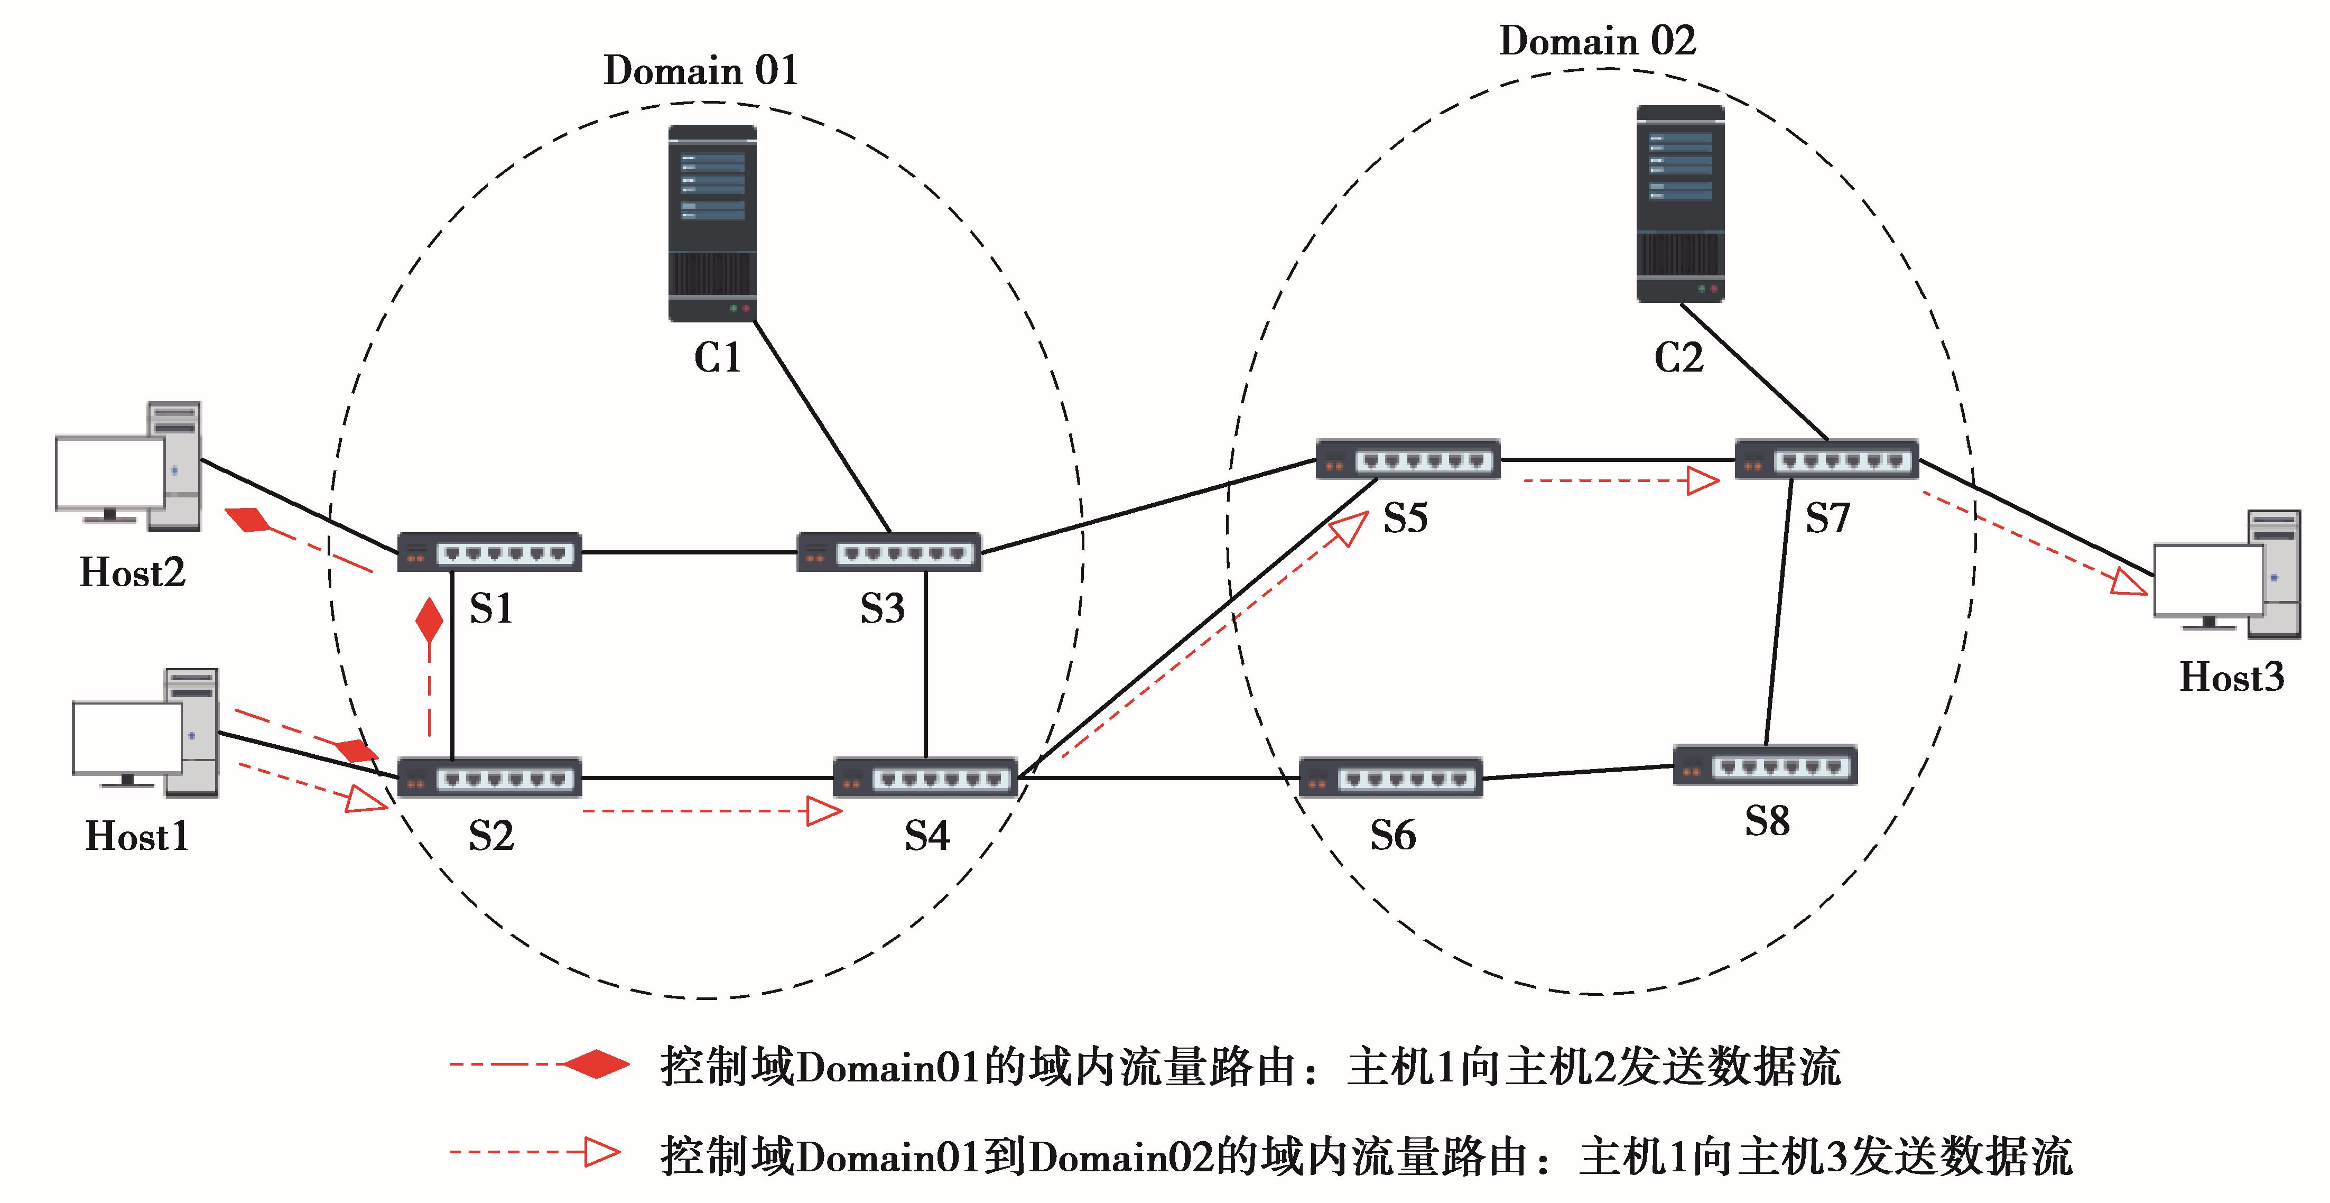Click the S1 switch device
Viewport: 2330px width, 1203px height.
click(489, 552)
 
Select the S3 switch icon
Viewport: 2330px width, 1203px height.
click(888, 552)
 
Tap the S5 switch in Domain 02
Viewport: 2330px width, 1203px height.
click(1407, 459)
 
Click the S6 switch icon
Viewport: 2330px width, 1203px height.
click(1390, 778)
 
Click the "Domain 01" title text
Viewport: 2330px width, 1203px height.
click(700, 70)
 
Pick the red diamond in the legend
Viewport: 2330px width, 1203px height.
click(596, 1065)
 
